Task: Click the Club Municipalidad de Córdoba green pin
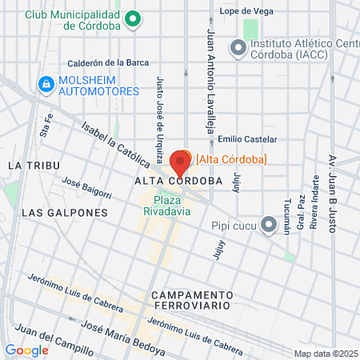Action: (134, 18)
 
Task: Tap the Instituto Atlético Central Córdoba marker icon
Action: (238, 49)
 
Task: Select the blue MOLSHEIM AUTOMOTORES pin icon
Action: (46, 83)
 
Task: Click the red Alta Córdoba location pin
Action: (180, 162)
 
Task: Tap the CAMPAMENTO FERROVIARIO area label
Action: (190, 300)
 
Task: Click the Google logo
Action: (26, 350)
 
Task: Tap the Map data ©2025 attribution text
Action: (326, 354)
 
